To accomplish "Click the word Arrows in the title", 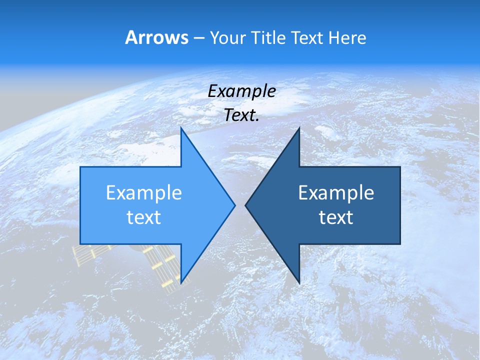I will tap(157, 37).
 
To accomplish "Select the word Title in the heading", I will tap(268, 37).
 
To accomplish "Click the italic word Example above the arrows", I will tap(242, 91).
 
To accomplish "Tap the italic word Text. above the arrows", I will tap(242, 115).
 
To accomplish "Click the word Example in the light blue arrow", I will tap(144, 192).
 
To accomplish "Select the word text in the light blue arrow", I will tap(144, 217).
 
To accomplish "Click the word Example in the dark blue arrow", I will tap(336, 192).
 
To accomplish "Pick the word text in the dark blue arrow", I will tap(336, 217).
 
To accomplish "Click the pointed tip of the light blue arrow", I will tap(235, 205).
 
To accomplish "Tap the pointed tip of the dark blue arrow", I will tap(245, 205).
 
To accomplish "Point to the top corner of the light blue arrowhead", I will tap(181, 128).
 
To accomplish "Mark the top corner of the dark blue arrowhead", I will tap(299, 128).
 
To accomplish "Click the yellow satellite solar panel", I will tap(162, 265).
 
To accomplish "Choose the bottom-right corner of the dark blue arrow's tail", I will tap(400, 244).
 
